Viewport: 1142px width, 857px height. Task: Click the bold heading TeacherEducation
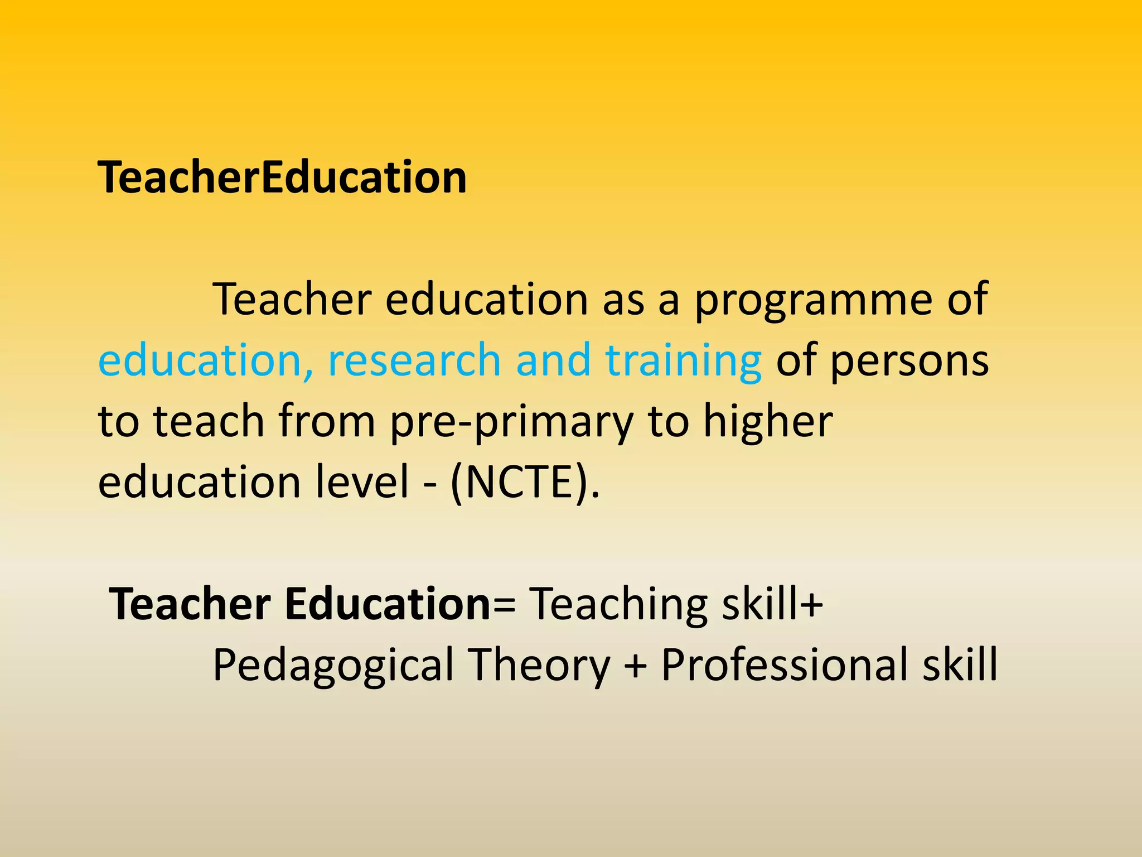click(282, 177)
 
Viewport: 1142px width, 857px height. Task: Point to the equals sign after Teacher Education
click(505, 605)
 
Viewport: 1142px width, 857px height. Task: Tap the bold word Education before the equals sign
click(388, 604)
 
